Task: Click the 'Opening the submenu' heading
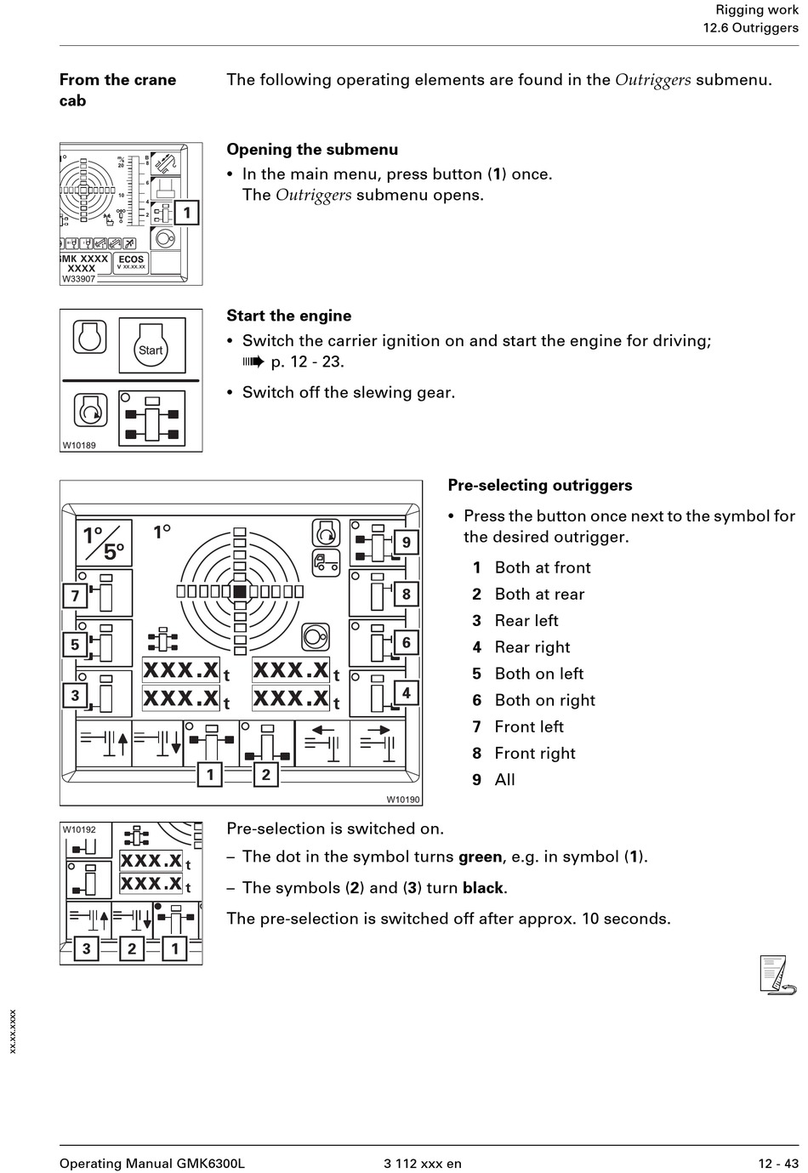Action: (311, 150)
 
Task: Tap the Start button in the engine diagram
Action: (151, 346)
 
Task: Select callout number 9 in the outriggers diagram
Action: (407, 542)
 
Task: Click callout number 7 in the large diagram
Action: (75, 595)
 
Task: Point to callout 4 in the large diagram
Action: (407, 693)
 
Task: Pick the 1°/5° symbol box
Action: (104, 543)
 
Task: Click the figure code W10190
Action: (403, 800)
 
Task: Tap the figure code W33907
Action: (78, 279)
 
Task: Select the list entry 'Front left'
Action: (528, 727)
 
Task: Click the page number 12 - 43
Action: (778, 1164)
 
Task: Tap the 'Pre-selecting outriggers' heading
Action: (539, 486)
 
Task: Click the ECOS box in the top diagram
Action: (131, 263)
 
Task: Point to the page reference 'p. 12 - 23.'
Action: (307, 362)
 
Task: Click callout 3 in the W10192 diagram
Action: (86, 948)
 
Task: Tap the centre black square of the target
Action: (240, 591)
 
